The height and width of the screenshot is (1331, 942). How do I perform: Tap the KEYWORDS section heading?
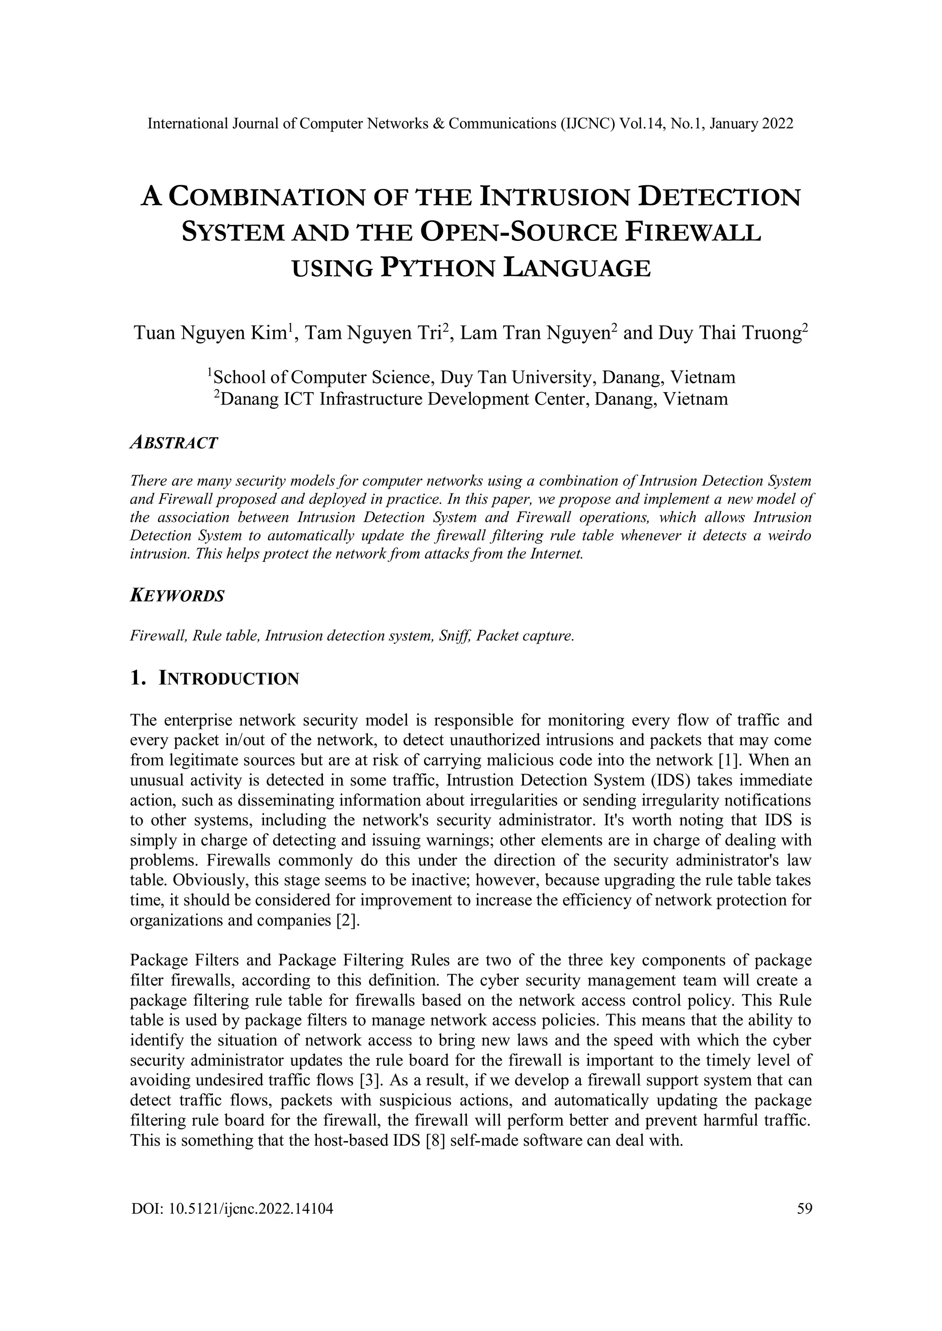pos(177,596)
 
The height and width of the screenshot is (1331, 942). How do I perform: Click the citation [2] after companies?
pos(348,921)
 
